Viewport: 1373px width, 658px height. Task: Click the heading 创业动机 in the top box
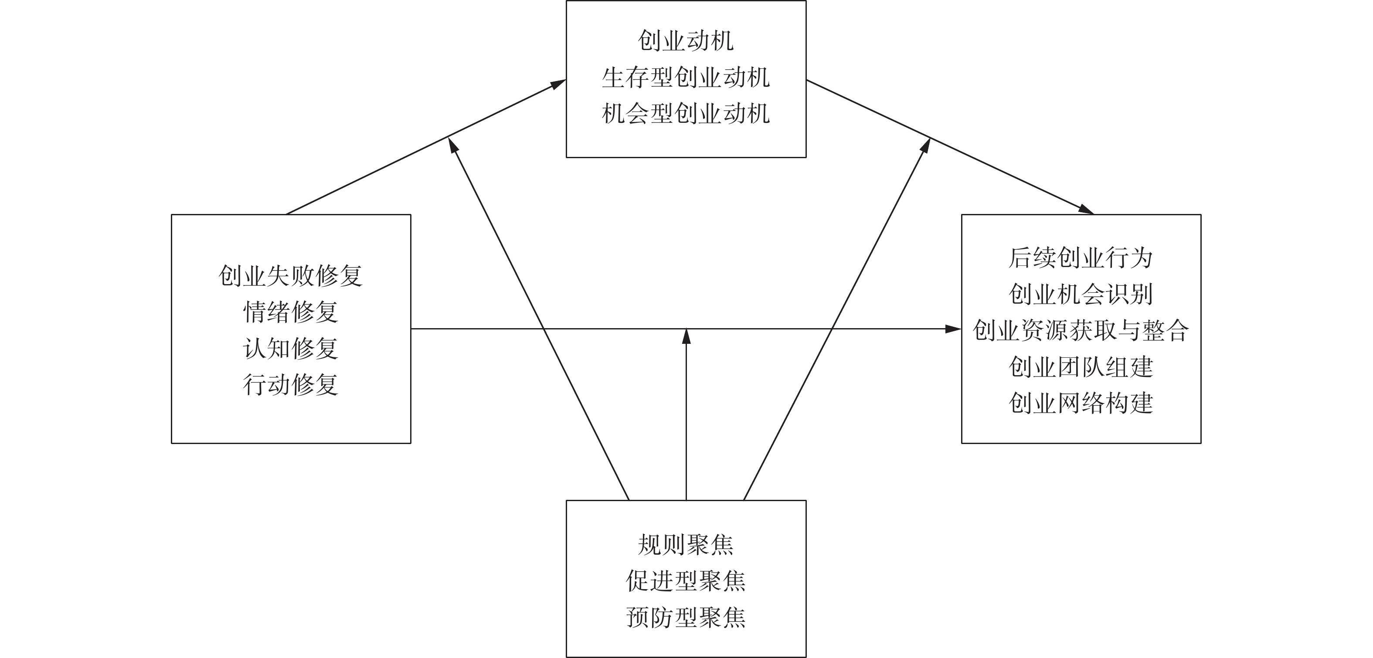coord(686,41)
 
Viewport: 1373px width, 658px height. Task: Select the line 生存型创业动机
coord(686,77)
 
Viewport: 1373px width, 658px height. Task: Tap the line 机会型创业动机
coord(686,113)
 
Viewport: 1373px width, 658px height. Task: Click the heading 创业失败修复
coord(291,276)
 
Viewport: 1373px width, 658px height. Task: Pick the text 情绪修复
coord(291,312)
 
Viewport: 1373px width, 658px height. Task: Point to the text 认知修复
coord(291,349)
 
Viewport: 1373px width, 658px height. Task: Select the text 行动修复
coord(291,385)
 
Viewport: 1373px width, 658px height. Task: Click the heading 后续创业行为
coord(1081,258)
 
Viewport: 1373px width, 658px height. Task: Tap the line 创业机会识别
coord(1081,294)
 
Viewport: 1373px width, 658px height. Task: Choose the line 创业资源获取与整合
coord(1081,330)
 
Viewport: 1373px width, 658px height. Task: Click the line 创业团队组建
coord(1081,366)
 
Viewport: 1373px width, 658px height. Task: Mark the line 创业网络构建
coord(1081,403)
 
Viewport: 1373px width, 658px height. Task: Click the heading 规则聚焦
coord(686,545)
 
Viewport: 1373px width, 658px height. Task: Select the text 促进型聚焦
coord(686,581)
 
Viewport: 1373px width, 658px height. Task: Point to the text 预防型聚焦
coord(686,617)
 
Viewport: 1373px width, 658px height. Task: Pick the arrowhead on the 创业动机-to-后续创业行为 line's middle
coord(926,145)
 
